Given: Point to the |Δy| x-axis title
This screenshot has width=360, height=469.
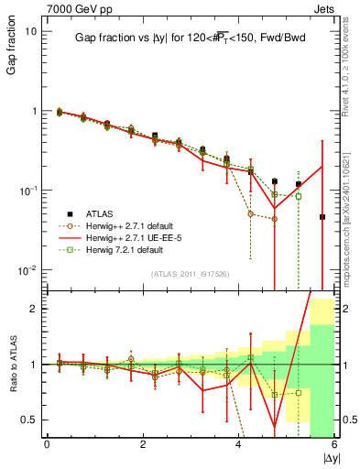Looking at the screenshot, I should click(x=326, y=457).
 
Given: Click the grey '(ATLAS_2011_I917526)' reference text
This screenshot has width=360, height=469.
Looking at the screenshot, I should click(x=190, y=273).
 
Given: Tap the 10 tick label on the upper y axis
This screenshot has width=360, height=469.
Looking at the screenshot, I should click(x=31, y=31).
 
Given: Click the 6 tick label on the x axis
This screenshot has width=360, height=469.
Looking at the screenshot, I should click(x=334, y=445).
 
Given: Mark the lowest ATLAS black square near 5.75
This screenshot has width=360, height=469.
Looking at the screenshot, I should click(x=322, y=217).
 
